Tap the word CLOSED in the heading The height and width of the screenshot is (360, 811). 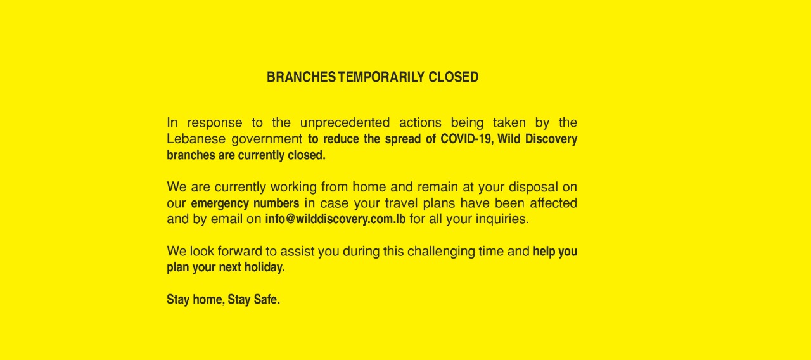[454, 77]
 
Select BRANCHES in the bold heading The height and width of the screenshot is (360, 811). [301, 77]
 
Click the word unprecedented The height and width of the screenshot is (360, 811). [345, 123]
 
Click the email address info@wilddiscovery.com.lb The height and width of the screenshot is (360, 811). [335, 219]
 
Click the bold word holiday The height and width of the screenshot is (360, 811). [265, 267]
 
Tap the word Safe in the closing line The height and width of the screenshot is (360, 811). [267, 300]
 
